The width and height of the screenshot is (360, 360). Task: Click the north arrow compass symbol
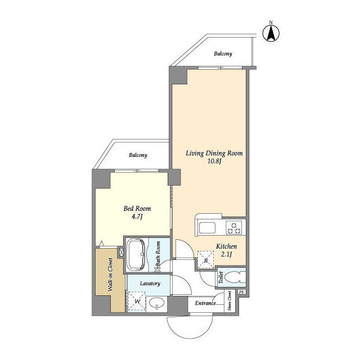point(271,33)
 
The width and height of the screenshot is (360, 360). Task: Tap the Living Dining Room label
point(214,153)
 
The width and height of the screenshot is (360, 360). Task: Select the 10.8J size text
point(214,161)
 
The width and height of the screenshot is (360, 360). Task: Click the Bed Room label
point(137,209)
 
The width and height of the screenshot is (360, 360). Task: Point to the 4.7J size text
point(137,217)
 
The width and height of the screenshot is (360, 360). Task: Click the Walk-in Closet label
point(110,274)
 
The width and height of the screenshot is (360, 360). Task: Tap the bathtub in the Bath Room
point(136,254)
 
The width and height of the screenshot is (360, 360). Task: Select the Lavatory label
point(150,283)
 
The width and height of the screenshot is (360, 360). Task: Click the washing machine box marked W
point(137,301)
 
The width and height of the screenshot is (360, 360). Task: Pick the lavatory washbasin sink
point(156,304)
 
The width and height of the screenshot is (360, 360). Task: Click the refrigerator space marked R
point(206,260)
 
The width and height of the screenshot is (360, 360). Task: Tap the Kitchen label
point(226,246)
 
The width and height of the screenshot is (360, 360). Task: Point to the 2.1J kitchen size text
point(227,254)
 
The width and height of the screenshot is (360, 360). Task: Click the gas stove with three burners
point(234,228)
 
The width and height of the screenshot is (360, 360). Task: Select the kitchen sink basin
point(207,228)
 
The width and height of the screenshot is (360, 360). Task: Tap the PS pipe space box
point(241,292)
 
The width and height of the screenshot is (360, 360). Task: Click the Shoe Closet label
point(229,301)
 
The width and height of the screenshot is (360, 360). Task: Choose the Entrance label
point(205,303)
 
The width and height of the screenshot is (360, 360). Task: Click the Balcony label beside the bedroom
point(138,155)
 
